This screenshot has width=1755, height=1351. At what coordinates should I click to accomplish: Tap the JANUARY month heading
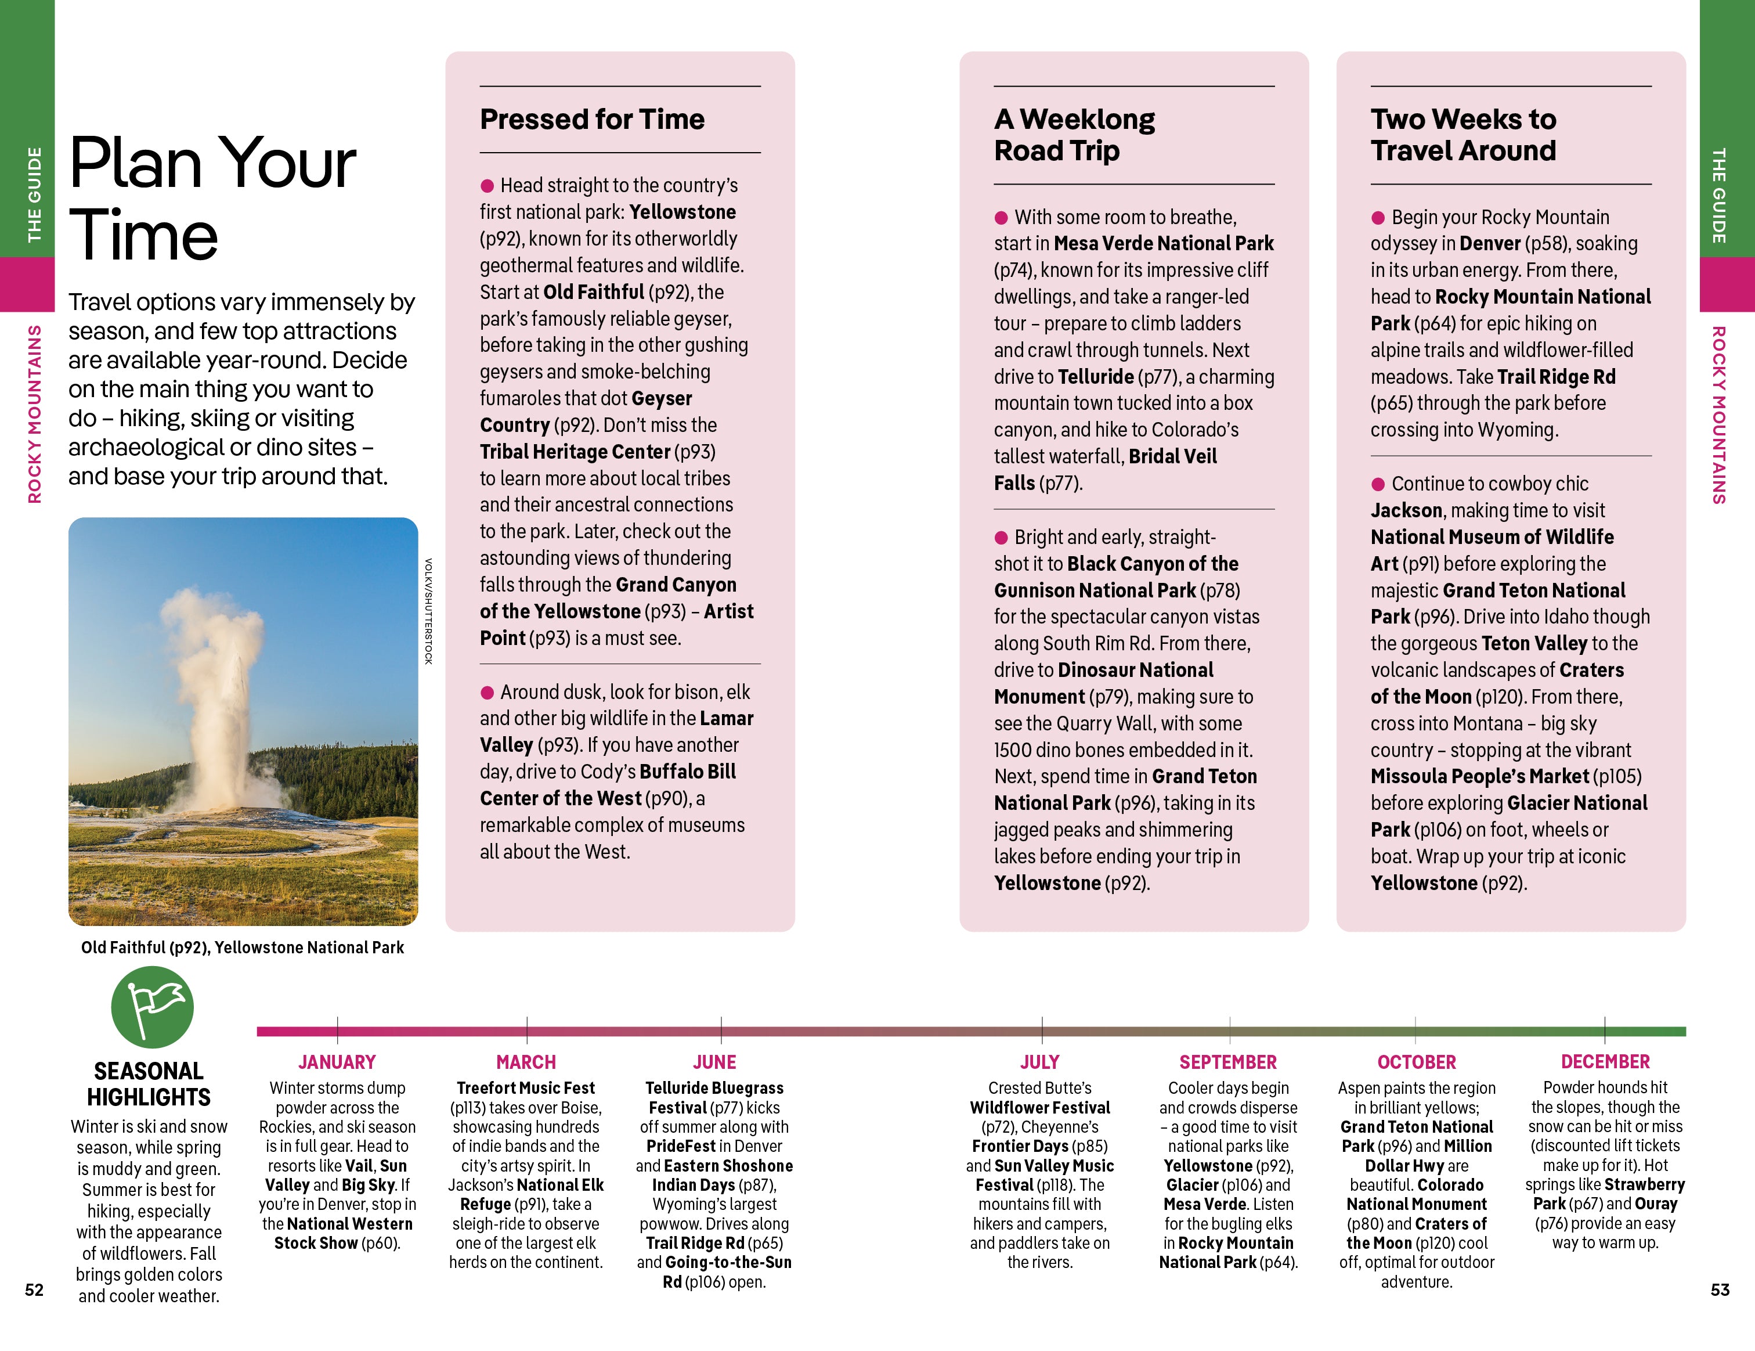337,1062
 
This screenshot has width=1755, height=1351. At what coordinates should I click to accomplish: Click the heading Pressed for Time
591,119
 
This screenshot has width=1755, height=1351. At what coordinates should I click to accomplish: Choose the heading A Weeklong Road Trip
1074,135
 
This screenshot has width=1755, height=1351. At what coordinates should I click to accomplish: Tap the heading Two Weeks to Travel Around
1463,135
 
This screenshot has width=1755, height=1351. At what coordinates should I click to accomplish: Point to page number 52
34,1289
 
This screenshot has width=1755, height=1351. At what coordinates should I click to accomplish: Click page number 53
1720,1289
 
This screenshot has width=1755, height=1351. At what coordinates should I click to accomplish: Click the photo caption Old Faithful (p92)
242,947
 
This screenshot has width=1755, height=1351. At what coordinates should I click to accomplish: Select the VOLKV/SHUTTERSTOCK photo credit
428,611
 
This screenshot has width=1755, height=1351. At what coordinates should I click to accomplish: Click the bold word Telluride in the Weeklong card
1095,377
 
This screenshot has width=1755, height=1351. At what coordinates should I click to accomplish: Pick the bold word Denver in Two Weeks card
1489,243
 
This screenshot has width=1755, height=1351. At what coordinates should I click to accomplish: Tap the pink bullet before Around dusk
487,692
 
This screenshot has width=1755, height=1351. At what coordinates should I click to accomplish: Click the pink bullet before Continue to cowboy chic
1377,484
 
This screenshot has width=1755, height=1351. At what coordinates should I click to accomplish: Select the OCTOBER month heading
1416,1062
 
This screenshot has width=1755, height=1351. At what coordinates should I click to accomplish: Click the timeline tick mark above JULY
1041,1029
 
